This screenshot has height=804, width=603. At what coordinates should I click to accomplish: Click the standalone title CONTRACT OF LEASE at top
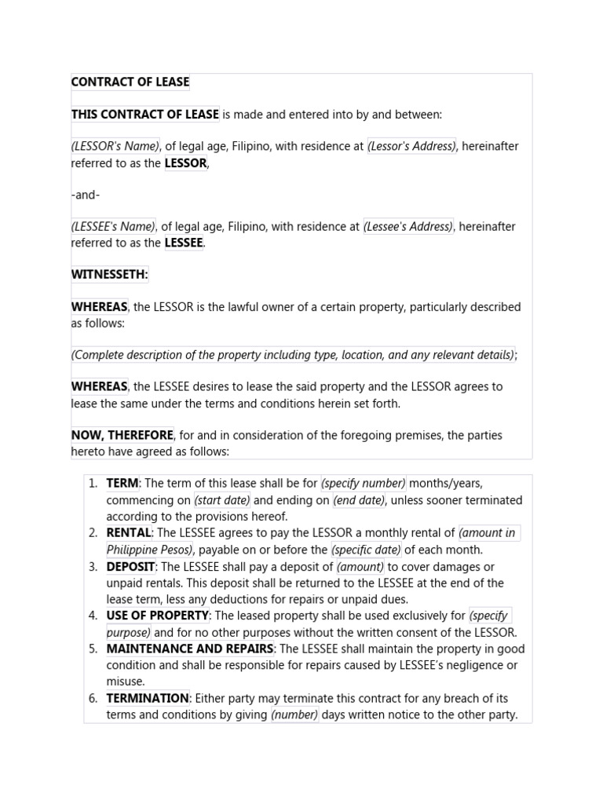pyautogui.click(x=130, y=82)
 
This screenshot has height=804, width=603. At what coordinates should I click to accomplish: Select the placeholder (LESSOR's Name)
pyautogui.click(x=115, y=146)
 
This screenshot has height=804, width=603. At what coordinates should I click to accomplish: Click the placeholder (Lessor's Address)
pyautogui.click(x=411, y=146)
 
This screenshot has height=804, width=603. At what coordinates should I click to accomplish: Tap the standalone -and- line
pyautogui.click(x=86, y=195)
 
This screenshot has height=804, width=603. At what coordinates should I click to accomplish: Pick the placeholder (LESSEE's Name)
pyautogui.click(x=114, y=227)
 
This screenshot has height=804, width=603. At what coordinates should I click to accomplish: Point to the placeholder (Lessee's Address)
pyautogui.click(x=408, y=227)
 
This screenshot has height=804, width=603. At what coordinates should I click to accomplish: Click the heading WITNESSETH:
pyautogui.click(x=109, y=275)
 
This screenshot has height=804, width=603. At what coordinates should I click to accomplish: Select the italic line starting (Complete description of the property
pyautogui.click(x=293, y=355)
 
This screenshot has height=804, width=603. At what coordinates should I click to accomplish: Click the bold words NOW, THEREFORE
pyautogui.click(x=122, y=435)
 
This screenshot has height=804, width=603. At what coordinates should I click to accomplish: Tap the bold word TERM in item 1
pyautogui.click(x=122, y=484)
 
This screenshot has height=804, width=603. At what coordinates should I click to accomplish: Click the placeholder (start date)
pyautogui.click(x=222, y=500)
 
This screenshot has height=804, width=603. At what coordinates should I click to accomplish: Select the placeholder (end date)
pyautogui.click(x=358, y=500)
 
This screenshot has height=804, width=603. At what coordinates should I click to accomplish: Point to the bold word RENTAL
pyautogui.click(x=129, y=533)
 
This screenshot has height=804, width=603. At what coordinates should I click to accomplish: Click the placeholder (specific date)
pyautogui.click(x=366, y=550)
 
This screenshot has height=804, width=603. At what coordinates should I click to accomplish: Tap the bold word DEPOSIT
pyautogui.click(x=130, y=567)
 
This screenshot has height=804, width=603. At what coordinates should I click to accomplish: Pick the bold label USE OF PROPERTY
pyautogui.click(x=158, y=616)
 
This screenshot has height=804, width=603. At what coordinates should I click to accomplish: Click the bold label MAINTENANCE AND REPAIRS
pyautogui.click(x=190, y=649)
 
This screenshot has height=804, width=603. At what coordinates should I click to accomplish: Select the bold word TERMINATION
pyautogui.click(x=148, y=698)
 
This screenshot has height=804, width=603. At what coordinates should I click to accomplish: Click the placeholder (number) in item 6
pyautogui.click(x=294, y=714)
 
